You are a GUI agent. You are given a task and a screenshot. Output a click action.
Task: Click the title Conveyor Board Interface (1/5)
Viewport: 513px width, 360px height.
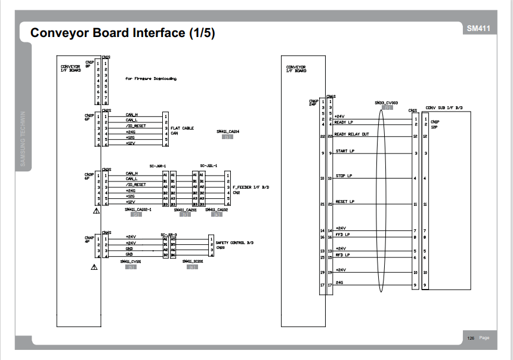click(122, 33)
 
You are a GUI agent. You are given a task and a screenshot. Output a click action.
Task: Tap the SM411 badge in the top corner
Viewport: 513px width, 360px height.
click(478, 29)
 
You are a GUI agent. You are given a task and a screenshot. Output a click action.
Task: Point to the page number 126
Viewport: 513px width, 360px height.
click(471, 338)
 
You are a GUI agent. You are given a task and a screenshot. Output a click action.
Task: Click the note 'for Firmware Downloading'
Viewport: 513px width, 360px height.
click(151, 78)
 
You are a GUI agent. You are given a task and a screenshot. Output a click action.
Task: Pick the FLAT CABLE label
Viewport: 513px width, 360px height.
click(182, 128)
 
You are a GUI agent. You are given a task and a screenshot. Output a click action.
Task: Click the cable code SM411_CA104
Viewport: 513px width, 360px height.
click(227, 131)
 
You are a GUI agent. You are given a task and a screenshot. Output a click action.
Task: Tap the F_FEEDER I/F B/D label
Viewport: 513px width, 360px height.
click(251, 187)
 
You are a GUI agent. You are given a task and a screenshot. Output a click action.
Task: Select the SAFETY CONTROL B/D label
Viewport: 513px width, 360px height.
click(234, 243)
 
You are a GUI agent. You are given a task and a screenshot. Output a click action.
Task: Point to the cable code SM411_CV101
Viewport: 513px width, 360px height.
click(130, 261)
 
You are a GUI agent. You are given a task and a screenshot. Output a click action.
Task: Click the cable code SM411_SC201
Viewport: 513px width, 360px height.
click(193, 261)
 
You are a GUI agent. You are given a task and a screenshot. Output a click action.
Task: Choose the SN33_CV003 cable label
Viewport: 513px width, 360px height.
click(387, 103)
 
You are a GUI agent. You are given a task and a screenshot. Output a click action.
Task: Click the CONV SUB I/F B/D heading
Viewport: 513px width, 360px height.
click(444, 108)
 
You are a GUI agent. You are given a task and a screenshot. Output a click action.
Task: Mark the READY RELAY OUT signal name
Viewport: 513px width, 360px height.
click(351, 134)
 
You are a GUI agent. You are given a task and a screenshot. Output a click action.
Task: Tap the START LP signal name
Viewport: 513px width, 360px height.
click(345, 152)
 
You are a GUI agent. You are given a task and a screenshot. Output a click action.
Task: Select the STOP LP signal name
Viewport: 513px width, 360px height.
click(344, 176)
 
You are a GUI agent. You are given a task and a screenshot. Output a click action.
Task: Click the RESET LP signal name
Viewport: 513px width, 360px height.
click(345, 202)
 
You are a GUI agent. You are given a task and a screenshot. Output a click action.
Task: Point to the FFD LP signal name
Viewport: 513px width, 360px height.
click(342, 235)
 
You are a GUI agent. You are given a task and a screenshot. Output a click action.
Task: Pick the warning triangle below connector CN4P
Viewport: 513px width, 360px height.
click(94, 267)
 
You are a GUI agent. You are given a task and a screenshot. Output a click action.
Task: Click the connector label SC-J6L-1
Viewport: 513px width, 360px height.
click(209, 165)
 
